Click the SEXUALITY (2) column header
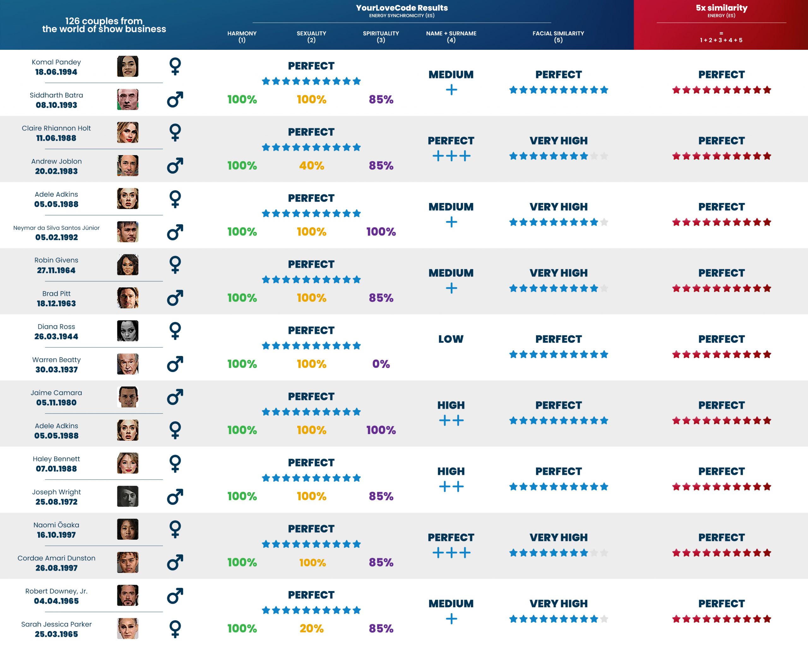coord(311,36)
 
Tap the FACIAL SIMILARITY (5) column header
coord(558,36)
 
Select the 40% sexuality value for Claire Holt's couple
coord(312,166)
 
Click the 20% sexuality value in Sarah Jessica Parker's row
coord(312,628)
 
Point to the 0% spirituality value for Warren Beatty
coord(381,364)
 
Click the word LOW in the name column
coord(451,339)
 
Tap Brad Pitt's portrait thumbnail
coord(128,298)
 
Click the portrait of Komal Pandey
coord(128,66)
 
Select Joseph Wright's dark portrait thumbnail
coord(128,497)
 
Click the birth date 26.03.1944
coord(56,337)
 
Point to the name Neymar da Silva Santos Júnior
coord(56,228)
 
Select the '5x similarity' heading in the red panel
coord(721,8)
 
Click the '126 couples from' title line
coord(104,21)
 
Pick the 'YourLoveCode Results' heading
coord(401,8)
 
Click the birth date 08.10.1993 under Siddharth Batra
coord(56,105)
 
